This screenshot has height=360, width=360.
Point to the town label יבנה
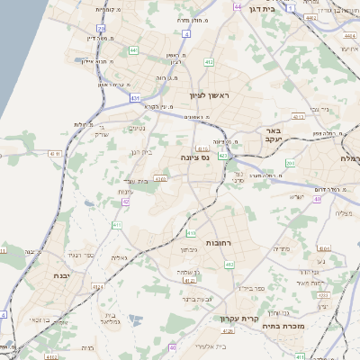click(61, 275)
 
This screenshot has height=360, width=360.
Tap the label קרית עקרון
click(238, 319)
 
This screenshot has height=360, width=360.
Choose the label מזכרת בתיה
click(300, 328)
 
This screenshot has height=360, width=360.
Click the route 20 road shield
click(102, 29)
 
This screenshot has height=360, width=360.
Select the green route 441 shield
click(133, 51)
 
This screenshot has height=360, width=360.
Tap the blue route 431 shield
click(135, 97)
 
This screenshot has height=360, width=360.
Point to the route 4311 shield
click(54, 155)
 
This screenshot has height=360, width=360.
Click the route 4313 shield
click(299, 116)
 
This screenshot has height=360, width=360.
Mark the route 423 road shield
click(222, 156)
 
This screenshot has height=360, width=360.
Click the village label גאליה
click(118, 258)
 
